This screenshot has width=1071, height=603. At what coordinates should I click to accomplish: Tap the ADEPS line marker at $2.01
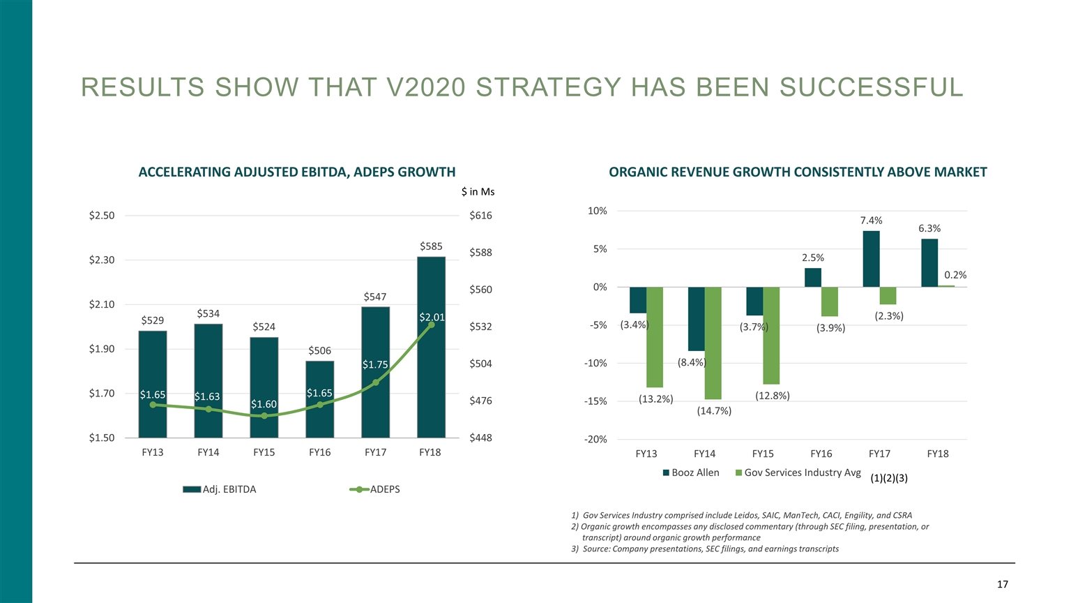coord(432,325)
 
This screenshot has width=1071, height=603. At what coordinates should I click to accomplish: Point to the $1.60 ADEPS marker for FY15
coord(264,416)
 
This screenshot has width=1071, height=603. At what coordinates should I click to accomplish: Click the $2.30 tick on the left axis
coord(102,260)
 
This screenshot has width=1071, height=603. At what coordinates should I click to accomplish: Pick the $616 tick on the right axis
coord(480,216)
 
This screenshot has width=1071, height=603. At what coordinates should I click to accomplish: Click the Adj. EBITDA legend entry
coord(220,489)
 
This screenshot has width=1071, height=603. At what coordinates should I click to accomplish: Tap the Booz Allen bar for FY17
coord(871,259)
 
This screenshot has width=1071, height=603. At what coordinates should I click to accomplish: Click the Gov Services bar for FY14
coord(713,343)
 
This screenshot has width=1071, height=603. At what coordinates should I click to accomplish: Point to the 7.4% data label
coord(871,221)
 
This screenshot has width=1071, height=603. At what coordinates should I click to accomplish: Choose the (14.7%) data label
coord(714,411)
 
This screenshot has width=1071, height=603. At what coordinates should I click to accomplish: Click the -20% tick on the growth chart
coord(595,439)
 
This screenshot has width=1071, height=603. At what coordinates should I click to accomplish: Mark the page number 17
coord(1002,585)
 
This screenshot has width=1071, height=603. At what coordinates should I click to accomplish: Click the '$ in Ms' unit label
coord(478,192)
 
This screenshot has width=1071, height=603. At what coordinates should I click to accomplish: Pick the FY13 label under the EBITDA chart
coord(153,452)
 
